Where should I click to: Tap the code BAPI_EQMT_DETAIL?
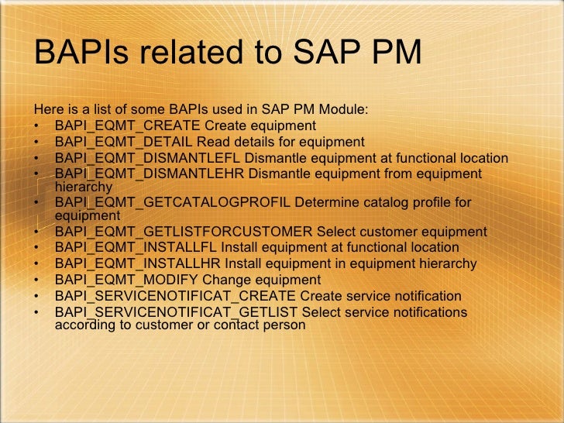click(124, 142)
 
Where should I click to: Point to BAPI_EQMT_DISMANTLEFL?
click(148, 158)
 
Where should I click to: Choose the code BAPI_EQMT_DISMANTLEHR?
click(149, 174)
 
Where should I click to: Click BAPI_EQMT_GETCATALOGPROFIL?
click(173, 203)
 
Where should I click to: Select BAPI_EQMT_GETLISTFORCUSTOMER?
click(184, 232)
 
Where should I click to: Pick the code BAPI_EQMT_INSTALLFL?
click(136, 247)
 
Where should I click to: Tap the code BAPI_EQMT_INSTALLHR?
click(138, 263)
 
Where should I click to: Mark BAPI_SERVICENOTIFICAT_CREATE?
click(175, 296)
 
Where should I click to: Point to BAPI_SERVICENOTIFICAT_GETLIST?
click(177, 312)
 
